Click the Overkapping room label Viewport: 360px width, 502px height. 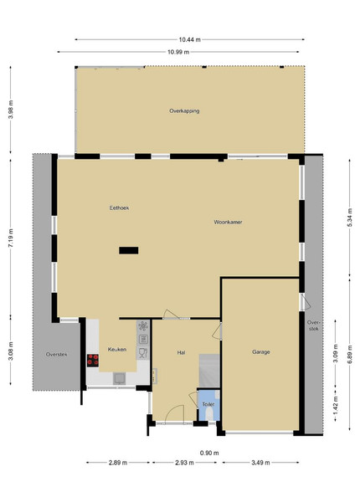pyautogui.click(x=184, y=110)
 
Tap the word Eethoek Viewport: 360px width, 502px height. pyautogui.click(x=119, y=207)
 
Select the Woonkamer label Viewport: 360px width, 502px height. pyautogui.click(x=228, y=222)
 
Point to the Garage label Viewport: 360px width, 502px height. pyautogui.click(x=260, y=352)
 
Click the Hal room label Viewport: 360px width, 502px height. pyautogui.click(x=181, y=352)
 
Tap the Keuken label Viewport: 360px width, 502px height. pyautogui.click(x=117, y=349)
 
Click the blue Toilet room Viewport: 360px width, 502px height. pyautogui.click(x=208, y=405)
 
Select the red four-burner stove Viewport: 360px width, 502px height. pyautogui.click(x=93, y=360)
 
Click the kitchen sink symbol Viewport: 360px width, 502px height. pyautogui.click(x=119, y=378)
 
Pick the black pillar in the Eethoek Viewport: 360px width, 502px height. pyautogui.click(x=129, y=250)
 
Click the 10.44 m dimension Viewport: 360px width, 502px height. pyautogui.click(x=189, y=39)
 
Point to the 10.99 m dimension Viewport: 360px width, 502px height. pyautogui.click(x=178, y=52)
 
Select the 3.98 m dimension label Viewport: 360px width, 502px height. pyautogui.click(x=11, y=110)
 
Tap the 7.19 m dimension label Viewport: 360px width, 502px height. pyautogui.click(x=11, y=238)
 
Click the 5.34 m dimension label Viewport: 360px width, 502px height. pyautogui.click(x=349, y=218)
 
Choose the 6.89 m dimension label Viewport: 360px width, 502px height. pyautogui.click(x=349, y=354)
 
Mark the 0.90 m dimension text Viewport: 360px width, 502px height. pyautogui.click(x=209, y=453)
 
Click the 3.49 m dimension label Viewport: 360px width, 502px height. pyautogui.click(x=260, y=463)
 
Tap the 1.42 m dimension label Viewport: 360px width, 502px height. pyautogui.click(x=336, y=405)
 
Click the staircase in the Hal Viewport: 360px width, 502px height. pyautogui.click(x=209, y=371)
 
